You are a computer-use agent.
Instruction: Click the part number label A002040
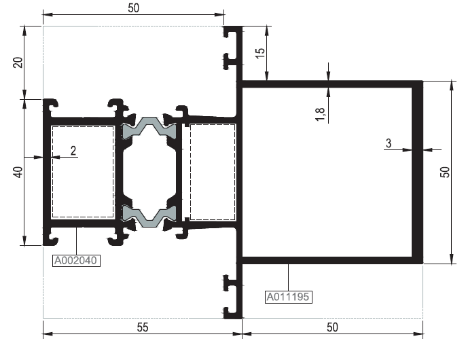(x=76, y=260)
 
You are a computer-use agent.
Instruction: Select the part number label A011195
(x=288, y=297)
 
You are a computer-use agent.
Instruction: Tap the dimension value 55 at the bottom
(x=143, y=327)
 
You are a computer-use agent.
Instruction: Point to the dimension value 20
(x=18, y=62)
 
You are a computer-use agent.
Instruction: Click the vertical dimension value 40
(x=18, y=172)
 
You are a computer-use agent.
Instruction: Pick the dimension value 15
(x=260, y=53)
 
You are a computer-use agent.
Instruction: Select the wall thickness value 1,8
(x=320, y=114)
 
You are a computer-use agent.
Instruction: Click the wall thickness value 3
(x=389, y=143)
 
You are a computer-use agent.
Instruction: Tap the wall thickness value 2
(x=73, y=151)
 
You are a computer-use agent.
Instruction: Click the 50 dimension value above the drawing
(x=133, y=8)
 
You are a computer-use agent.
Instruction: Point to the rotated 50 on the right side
(x=445, y=172)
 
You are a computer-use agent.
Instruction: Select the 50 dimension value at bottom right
(x=332, y=327)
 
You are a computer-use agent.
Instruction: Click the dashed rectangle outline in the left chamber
(x=52, y=172)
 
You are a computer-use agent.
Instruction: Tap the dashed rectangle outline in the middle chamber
(x=190, y=172)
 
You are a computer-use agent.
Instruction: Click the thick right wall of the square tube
(x=418, y=172)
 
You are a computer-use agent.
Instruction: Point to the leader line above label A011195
(x=288, y=277)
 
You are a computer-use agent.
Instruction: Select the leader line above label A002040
(x=76, y=241)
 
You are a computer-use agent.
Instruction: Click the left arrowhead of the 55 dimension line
(x=48, y=334)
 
